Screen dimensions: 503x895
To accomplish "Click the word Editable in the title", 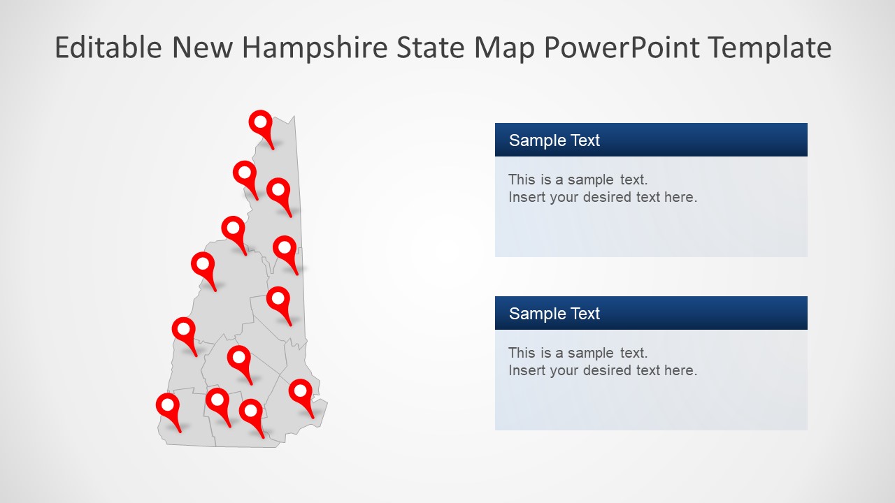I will [x=109, y=48].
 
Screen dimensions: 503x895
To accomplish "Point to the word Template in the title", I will [x=769, y=48].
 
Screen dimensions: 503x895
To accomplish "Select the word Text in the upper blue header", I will [x=584, y=140].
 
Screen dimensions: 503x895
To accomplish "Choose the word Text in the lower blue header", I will [x=584, y=314].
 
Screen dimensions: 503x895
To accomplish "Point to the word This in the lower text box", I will [x=522, y=353].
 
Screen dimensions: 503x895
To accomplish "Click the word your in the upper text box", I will [x=564, y=197].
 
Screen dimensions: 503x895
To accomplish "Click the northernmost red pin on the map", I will [x=261, y=123].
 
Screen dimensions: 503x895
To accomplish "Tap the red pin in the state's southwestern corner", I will [x=168, y=406].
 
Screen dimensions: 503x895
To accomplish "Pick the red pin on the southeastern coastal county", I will [x=301, y=392].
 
